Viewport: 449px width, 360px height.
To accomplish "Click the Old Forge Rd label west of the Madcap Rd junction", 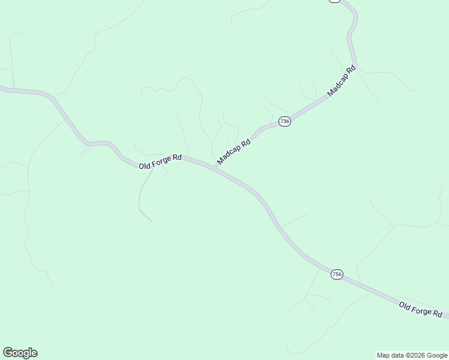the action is pos(160,161).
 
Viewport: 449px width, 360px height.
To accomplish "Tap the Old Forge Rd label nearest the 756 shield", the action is pos(421,310).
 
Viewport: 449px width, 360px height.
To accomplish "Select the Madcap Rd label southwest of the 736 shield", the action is pos(234,152).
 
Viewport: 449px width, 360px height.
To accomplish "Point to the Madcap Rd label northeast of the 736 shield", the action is pos(342,82).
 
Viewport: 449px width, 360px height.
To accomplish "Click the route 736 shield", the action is pos(285,121).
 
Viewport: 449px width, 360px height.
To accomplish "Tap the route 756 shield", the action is pos(336,274).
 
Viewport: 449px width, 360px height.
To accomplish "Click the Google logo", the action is pos(20,353).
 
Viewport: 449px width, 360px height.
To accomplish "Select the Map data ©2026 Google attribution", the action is pos(412,355).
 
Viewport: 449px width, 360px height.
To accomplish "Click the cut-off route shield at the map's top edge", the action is pos(334,1).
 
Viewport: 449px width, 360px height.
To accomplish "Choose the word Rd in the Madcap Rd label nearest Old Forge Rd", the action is pos(245,144).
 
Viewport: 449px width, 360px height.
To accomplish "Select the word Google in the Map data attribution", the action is pos(438,355).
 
